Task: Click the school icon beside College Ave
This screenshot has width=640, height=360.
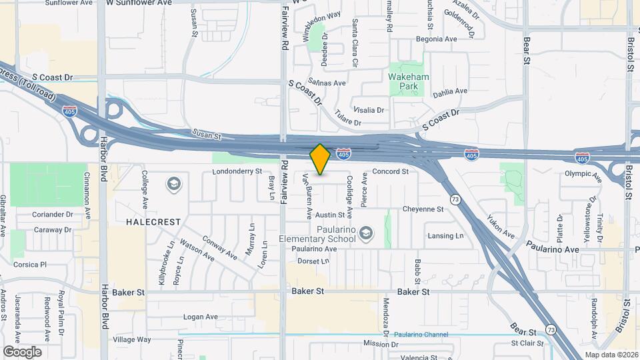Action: click(174, 184)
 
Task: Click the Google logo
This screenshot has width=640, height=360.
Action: click(22, 351)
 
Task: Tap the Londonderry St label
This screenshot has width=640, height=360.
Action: click(237, 171)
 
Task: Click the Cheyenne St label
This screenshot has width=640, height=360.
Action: click(423, 209)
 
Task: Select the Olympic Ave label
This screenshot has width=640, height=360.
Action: click(583, 173)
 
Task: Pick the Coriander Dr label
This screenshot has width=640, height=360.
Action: click(53, 215)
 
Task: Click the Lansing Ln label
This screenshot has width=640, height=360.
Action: click(445, 236)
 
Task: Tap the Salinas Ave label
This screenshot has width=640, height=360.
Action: click(326, 83)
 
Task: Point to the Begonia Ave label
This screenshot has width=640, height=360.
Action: click(436, 39)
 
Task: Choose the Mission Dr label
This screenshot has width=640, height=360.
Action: click(381, 344)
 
